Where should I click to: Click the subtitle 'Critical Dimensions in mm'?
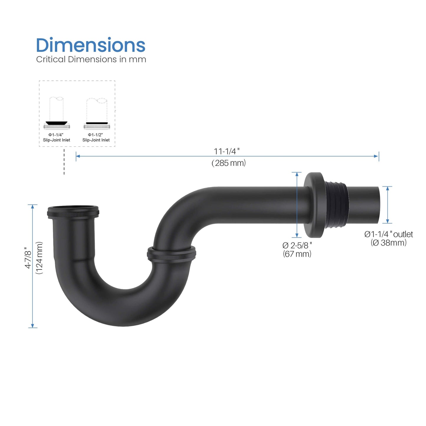click(91, 59)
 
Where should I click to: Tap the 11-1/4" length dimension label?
click(226, 151)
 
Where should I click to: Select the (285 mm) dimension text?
click(228, 163)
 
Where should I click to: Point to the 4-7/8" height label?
click(28, 258)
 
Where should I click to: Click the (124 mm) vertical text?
click(39, 258)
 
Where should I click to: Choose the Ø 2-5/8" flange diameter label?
click(297, 245)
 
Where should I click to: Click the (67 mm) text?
click(297, 254)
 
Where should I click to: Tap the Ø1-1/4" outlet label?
click(389, 234)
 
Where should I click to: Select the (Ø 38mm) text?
click(389, 243)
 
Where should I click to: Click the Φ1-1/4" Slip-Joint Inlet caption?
click(57, 137)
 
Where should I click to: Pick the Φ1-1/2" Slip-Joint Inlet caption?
click(96, 137)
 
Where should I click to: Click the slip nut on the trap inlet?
click(73, 212)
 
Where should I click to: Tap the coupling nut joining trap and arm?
click(171, 253)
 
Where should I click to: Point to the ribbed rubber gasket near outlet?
click(336, 205)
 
